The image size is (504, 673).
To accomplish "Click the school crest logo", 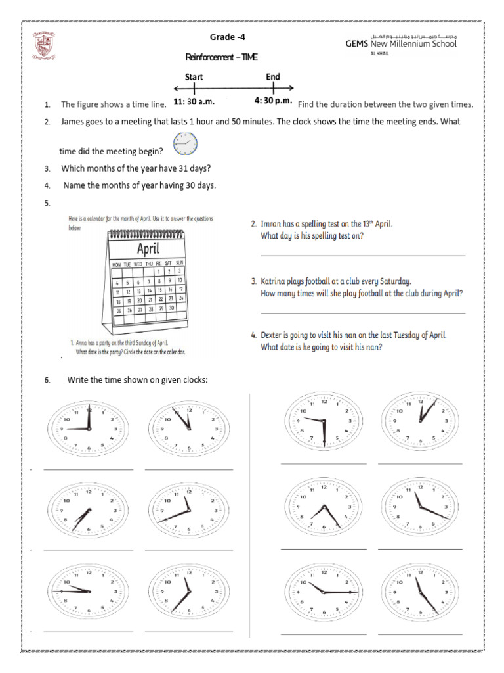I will coord(46,47).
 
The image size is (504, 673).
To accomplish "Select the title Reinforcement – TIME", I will coord(222,58).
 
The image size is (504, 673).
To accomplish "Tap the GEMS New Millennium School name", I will coord(401,43).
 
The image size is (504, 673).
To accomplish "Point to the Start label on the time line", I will coord(194,77).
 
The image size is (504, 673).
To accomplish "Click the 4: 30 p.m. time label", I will coord(273,101).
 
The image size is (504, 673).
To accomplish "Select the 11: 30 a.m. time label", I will coord(195,102).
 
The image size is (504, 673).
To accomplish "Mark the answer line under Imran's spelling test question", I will coord(363,254).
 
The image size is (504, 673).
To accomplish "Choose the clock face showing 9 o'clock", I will coord(88,428).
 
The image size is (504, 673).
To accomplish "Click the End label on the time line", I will coord(273,77).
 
